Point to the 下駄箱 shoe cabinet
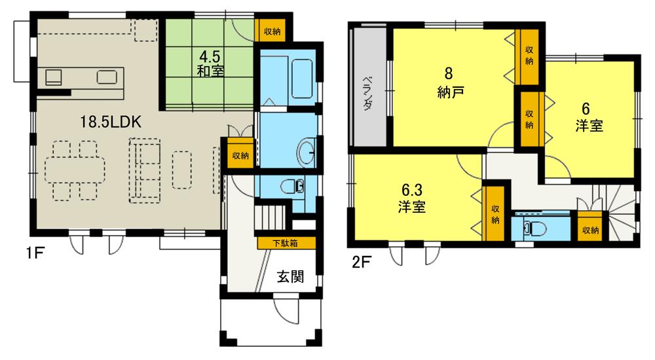pyautogui.click(x=286, y=243)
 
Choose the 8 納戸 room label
pyautogui.click(x=451, y=83)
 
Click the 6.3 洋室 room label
pyautogui.click(x=413, y=198)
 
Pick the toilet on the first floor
pyautogui.click(x=292, y=187)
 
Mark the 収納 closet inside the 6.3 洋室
pyautogui.click(x=495, y=213)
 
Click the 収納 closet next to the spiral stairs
pyautogui.click(x=590, y=230)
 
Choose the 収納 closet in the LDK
pyautogui.click(x=240, y=155)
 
